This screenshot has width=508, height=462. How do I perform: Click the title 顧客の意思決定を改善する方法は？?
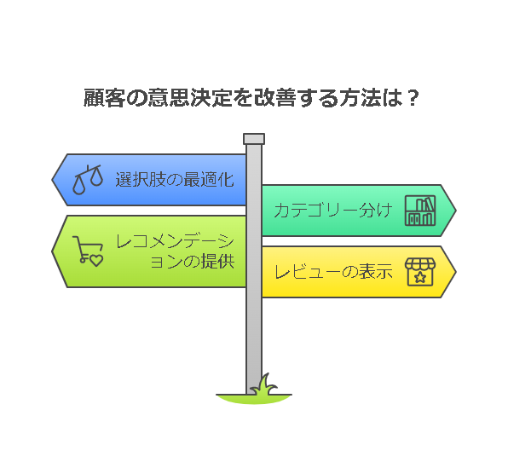pos(251,97)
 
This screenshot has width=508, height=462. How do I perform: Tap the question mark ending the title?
pos(413,97)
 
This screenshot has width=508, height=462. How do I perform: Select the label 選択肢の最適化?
pos(175,180)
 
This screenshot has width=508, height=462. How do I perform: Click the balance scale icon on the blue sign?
pos(88,180)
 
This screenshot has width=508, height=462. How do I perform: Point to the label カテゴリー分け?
pos(333,211)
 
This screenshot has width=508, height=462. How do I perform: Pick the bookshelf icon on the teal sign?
pos(420,211)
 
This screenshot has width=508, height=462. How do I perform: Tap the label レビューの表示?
pos(333,272)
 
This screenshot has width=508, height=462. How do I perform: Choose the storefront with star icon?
pos(420,272)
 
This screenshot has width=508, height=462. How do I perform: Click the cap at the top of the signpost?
pos(254,139)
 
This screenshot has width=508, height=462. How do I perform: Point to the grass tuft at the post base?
pos(265,384)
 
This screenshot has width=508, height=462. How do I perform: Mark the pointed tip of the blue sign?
pos(52,180)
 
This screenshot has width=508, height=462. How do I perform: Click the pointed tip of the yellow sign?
pos(456,272)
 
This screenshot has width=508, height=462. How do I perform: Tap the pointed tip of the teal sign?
pos(456,211)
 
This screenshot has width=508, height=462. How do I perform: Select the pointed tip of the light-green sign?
pos(52,251)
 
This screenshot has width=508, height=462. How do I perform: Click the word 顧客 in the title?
pos(104,97)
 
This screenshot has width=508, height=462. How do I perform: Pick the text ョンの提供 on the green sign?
pos(193,261)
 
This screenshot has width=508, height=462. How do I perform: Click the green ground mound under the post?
pos(254,399)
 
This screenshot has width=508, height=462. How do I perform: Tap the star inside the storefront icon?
pos(420,277)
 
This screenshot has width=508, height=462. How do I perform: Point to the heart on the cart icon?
pos(96,261)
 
